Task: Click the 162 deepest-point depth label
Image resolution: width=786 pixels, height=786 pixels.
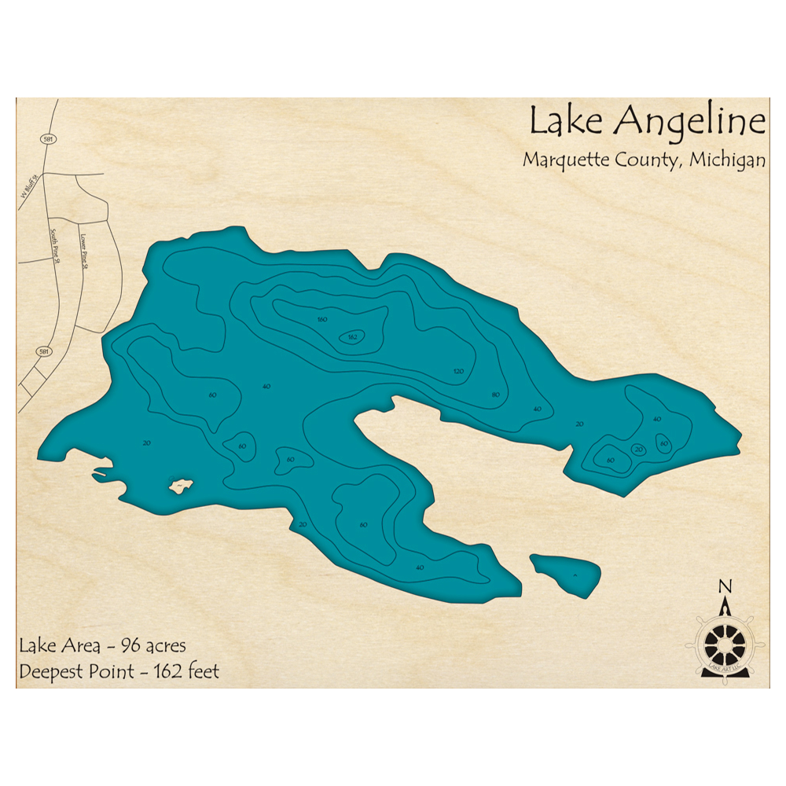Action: coord(352,337)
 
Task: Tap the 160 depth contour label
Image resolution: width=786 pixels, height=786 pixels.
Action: coord(321,319)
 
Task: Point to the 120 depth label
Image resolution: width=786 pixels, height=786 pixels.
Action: coord(458,371)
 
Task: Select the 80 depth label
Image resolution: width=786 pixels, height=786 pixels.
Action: coord(495,394)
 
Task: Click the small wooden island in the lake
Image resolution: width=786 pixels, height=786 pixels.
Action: coord(181,487)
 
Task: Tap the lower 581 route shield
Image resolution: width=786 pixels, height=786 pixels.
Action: coord(43,351)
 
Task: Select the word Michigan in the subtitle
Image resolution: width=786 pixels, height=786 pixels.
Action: coord(728,160)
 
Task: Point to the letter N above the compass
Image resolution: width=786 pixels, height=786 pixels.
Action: coord(725,586)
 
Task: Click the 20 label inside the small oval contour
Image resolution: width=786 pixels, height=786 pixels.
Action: coord(638,450)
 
